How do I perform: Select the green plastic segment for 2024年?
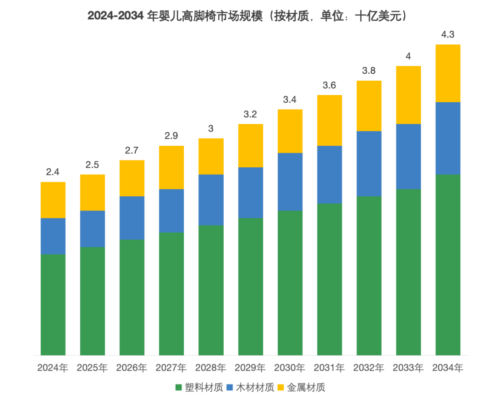tap(53, 304)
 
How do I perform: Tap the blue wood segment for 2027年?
tap(171, 210)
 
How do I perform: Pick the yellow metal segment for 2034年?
tap(448, 73)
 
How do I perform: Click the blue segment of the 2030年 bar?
tap(290, 182)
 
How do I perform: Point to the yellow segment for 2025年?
tap(93, 193)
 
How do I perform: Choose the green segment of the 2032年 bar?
tap(369, 275)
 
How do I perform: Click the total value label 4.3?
tap(448, 34)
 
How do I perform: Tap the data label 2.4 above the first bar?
tap(53, 172)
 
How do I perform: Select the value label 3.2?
tap(250, 114)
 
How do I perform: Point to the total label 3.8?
tap(369, 71)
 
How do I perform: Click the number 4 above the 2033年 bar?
tap(408, 56)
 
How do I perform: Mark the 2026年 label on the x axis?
tap(132, 368)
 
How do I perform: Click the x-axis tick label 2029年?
tap(250, 368)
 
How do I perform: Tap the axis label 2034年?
tap(448, 368)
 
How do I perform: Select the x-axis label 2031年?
tap(330, 368)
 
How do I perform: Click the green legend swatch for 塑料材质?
tap(179, 388)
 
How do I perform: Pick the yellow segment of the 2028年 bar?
tap(211, 156)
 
